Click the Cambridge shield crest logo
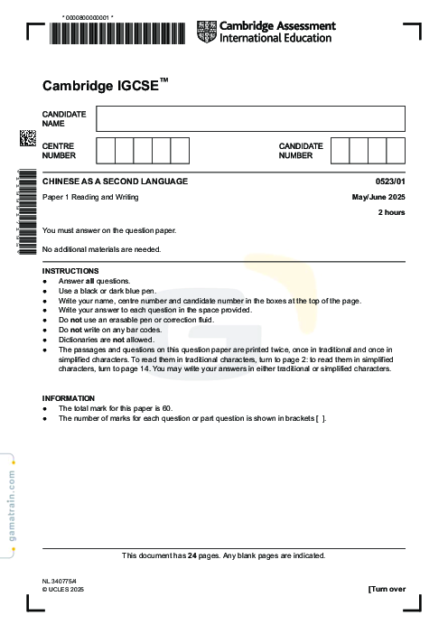click(x=207, y=32)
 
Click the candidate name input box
click(x=250, y=118)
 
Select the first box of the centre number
click(x=105, y=150)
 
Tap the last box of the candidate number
click(x=396, y=150)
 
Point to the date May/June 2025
click(x=378, y=197)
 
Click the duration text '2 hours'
click(x=391, y=212)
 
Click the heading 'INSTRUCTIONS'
click(x=70, y=271)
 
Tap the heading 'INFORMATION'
click(x=69, y=398)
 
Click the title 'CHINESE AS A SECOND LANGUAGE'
click(x=116, y=182)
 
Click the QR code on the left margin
click(x=27, y=138)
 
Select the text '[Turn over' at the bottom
click(x=387, y=589)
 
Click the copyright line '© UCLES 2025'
click(x=62, y=589)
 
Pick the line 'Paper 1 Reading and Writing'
click(x=90, y=197)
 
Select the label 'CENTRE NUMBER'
click(x=59, y=150)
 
